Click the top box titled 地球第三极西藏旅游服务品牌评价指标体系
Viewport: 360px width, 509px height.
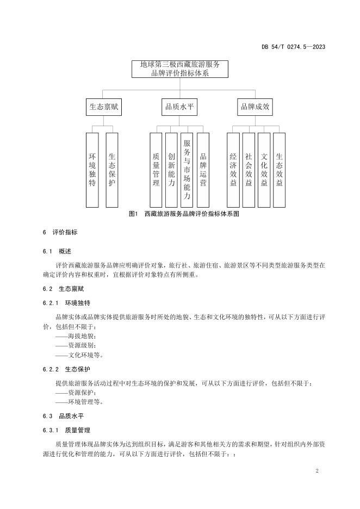pos(179,69)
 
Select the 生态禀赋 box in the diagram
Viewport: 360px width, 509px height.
pos(103,107)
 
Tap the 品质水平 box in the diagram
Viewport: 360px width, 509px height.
pos(179,107)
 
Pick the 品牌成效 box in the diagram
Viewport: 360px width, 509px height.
pos(255,107)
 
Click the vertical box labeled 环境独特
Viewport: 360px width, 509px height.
pos(92,170)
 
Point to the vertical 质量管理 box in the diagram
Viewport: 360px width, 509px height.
pos(156,170)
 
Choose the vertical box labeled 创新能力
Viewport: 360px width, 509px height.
pos(171,170)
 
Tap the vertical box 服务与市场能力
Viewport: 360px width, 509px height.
pos(187,170)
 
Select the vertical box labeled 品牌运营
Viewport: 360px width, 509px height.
pos(203,170)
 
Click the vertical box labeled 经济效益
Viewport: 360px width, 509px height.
pos(233,170)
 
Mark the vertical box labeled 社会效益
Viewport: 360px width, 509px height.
pos(249,170)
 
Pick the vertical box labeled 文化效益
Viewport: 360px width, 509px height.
pos(264,170)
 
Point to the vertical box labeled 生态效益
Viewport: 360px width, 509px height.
pos(280,170)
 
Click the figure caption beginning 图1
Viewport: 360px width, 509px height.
pos(184,214)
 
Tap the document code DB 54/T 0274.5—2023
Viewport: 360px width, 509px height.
pos(293,47)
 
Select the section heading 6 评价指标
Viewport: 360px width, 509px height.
pos(60,232)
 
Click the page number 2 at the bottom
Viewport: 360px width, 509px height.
pos(317,470)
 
